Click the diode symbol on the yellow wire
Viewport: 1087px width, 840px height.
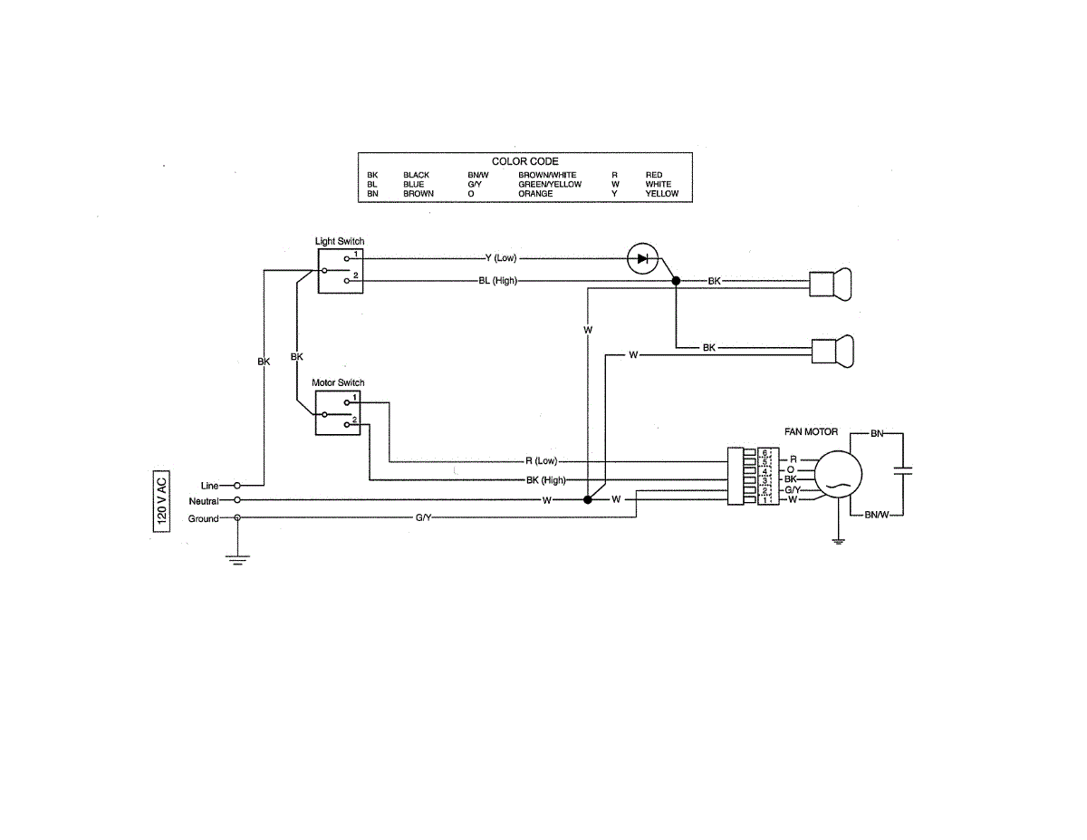pyautogui.click(x=642, y=258)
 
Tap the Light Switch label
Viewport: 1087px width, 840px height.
pyautogui.click(x=339, y=241)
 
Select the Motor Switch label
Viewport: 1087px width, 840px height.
pyautogui.click(x=338, y=382)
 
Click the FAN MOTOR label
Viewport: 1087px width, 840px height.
pyautogui.click(x=811, y=431)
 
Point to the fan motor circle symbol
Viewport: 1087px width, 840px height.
pyautogui.click(x=838, y=474)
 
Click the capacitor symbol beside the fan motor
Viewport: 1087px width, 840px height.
pyautogui.click(x=903, y=471)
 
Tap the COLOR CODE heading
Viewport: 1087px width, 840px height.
pyautogui.click(x=524, y=161)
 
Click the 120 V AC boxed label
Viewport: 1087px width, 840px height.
pyautogui.click(x=161, y=501)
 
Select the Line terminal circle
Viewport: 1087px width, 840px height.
pyautogui.click(x=237, y=486)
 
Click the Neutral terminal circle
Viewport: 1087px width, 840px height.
pyautogui.click(x=237, y=500)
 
